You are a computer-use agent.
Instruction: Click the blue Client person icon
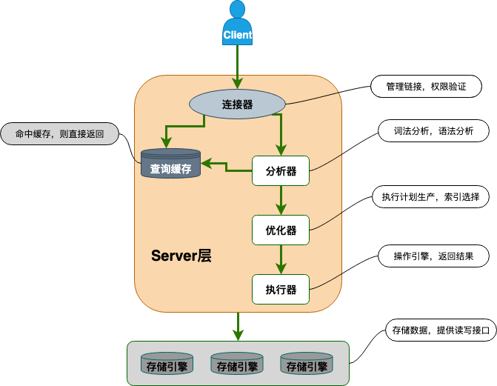(237, 24)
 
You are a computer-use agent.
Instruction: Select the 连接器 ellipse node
(237, 104)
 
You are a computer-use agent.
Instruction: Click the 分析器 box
(281, 171)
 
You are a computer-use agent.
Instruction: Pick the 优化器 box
(281, 230)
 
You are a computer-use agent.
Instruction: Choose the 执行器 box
(281, 289)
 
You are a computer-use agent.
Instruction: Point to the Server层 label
(181, 256)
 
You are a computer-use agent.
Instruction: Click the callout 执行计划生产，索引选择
(430, 197)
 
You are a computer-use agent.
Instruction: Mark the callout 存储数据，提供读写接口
(439, 330)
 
